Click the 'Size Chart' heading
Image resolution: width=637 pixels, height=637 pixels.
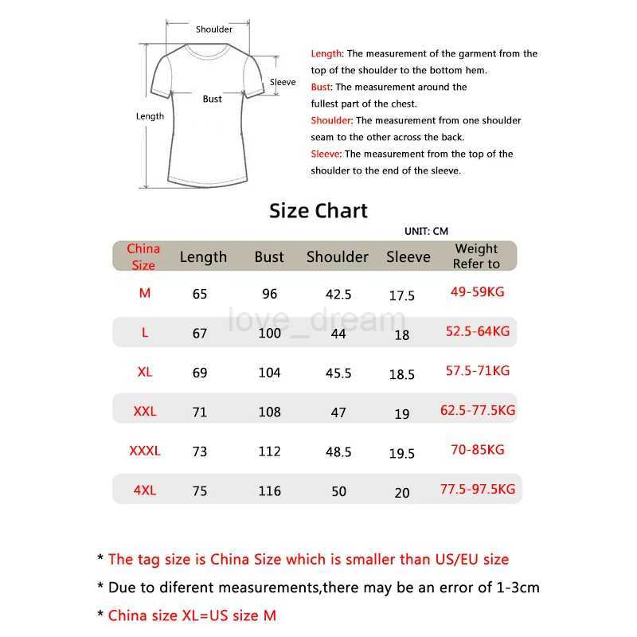(318, 211)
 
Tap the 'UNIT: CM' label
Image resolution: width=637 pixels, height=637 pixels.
(426, 232)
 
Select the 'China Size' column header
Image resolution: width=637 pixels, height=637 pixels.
(143, 256)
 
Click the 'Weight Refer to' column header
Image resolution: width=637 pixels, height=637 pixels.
(476, 256)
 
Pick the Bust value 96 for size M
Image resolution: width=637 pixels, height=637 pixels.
(270, 294)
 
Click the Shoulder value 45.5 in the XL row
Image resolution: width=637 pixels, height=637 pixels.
(338, 373)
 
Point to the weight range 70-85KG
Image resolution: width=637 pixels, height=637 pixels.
(478, 450)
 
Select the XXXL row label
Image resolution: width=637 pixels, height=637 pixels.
(145, 451)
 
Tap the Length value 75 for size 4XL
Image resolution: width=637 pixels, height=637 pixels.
(200, 491)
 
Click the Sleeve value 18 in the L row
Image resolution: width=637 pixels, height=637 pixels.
(402, 334)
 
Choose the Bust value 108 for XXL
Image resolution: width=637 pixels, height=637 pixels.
(270, 412)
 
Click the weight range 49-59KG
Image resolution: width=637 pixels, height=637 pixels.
(478, 292)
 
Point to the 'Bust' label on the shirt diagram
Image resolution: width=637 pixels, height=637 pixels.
(213, 100)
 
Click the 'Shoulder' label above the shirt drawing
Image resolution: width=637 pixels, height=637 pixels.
(214, 29)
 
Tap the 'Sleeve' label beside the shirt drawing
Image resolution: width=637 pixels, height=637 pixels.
(283, 82)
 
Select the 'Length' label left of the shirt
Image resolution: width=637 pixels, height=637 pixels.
(150, 116)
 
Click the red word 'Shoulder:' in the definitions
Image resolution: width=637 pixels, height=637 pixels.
(331, 121)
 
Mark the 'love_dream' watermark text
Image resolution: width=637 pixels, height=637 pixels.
(317, 321)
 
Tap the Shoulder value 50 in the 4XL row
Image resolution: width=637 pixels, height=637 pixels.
(339, 491)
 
